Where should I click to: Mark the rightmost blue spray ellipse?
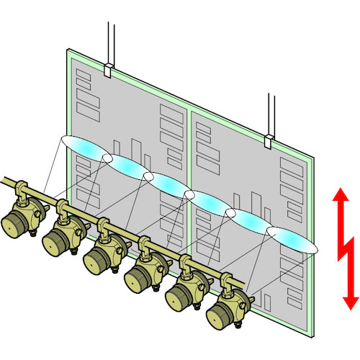(292, 240)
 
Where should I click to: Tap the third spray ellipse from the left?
(168, 184)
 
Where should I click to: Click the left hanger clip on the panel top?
(108, 70)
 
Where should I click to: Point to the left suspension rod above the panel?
(109, 40)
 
